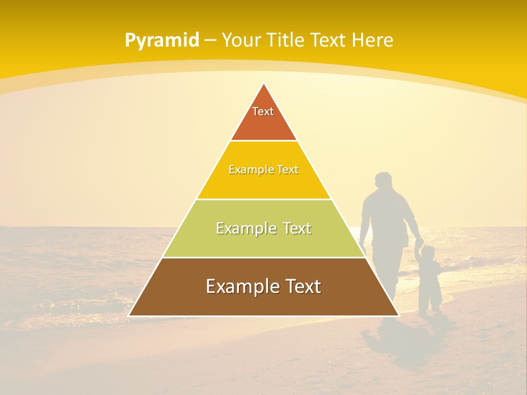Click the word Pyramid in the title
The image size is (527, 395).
coord(162,40)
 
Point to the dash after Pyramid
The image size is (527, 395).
coord(210,41)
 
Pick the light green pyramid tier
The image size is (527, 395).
coord(263,241)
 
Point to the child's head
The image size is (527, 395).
coord(428,253)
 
